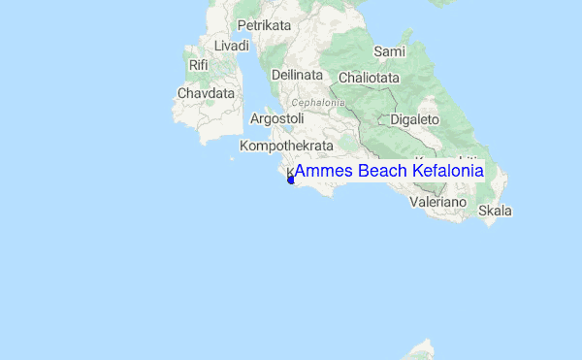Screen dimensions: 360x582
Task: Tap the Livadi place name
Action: coord(232,46)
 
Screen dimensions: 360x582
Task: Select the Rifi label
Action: coord(199,65)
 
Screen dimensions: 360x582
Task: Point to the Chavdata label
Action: coord(207,94)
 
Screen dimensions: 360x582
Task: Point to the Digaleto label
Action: coord(414,119)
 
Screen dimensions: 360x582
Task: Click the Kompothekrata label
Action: coord(286,146)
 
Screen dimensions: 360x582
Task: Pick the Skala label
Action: coord(495,211)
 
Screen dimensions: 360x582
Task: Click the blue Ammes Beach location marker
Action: coord(291,180)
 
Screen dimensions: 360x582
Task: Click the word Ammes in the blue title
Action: coord(323,171)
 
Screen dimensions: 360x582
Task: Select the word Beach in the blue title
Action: coord(382,171)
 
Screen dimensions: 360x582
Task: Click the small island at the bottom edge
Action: coord(422,349)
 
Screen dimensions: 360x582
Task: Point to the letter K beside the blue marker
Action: coord(289,171)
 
